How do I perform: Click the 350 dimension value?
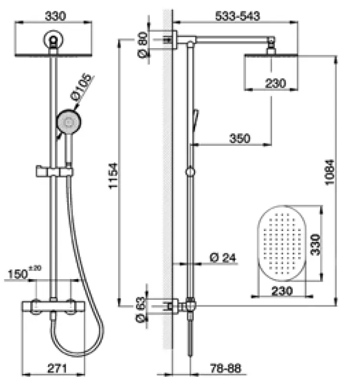pyautogui.click(x=239, y=139)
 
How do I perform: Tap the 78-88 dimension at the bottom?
pyautogui.click(x=225, y=369)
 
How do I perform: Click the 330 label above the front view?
pyautogui.click(x=54, y=16)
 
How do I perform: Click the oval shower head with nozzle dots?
pyautogui.click(x=281, y=245)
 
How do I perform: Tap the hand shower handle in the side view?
pyautogui.click(x=195, y=119)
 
